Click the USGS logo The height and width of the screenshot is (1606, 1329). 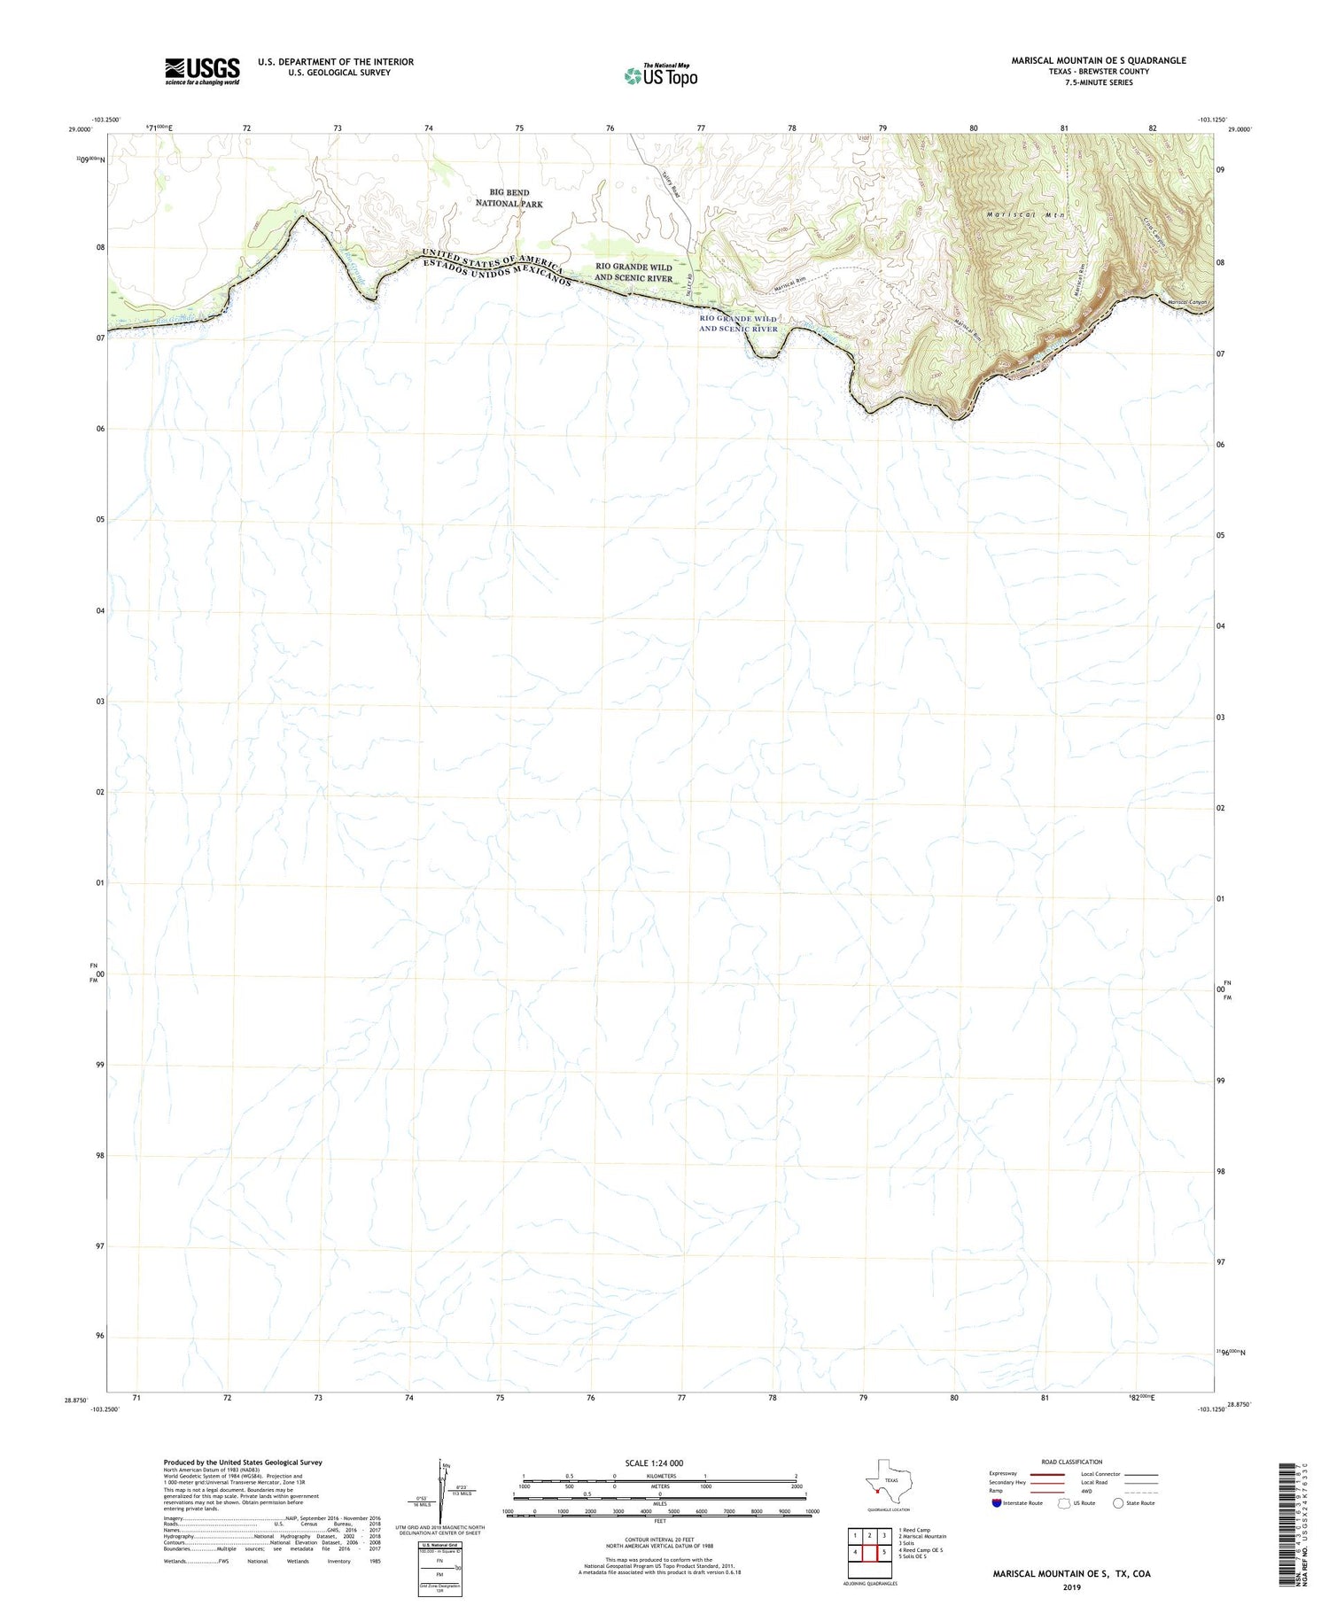point(202,71)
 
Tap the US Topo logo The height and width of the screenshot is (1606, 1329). point(660,76)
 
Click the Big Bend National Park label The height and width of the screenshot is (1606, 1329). point(509,198)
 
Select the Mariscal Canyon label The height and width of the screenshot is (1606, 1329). point(1187,303)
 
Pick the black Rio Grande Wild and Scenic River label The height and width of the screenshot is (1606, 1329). point(633,272)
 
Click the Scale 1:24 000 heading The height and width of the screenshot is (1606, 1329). point(654,1462)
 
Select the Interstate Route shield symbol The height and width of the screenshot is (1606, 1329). point(997,1502)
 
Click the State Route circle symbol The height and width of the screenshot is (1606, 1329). point(1118,1502)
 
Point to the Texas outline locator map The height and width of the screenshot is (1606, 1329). point(885,1481)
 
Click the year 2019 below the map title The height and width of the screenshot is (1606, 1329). point(1071,1586)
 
